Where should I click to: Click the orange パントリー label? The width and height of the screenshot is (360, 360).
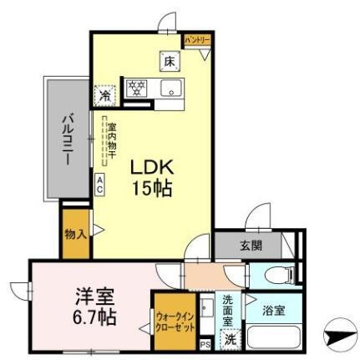197,40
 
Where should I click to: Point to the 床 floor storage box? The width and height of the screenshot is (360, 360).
169,61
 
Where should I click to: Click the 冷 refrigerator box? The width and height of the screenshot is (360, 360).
105,94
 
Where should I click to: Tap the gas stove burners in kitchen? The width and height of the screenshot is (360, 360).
135,87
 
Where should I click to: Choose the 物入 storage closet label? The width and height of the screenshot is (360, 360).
74,233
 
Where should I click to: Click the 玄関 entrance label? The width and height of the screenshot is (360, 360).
251,246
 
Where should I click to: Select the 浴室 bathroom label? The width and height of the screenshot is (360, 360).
273,310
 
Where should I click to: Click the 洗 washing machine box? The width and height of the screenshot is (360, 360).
229,339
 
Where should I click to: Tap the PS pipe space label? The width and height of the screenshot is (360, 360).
205,344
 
